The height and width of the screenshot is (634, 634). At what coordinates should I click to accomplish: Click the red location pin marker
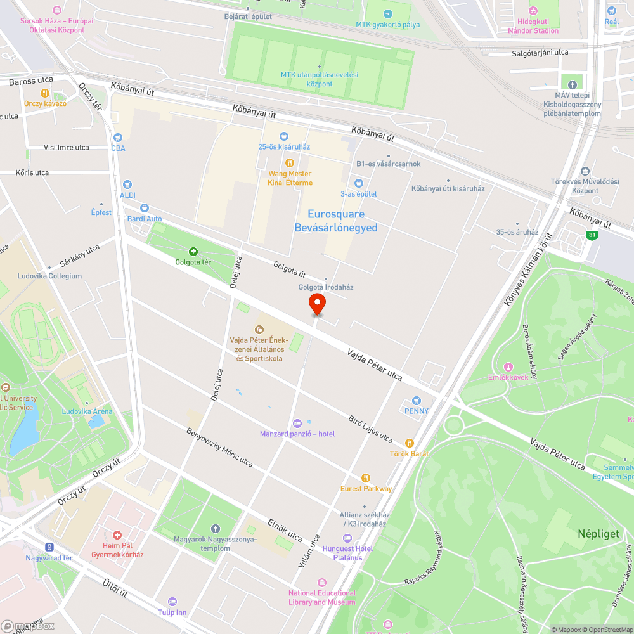tap(317, 304)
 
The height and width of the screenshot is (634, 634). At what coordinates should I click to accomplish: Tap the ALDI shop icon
tap(127, 184)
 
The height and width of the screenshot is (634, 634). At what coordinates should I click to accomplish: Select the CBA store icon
tap(118, 137)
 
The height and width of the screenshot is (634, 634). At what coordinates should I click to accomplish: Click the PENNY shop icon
tap(416, 401)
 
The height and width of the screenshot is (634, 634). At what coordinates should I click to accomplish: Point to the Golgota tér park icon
tap(193, 251)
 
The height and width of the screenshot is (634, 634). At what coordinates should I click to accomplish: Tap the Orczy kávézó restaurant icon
tap(45, 93)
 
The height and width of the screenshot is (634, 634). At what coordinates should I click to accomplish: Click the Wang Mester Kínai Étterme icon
tap(290, 162)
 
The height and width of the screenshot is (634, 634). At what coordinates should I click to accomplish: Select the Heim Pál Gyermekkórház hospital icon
tap(117, 535)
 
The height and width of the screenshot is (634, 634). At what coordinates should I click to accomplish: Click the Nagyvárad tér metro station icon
tap(49, 547)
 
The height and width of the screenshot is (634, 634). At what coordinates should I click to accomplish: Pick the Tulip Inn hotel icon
tap(172, 602)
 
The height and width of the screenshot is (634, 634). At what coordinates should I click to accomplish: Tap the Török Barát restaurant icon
tap(410, 443)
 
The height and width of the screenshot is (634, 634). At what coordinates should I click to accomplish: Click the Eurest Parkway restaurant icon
tap(365, 477)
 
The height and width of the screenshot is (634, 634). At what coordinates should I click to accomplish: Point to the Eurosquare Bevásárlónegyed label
tap(336, 221)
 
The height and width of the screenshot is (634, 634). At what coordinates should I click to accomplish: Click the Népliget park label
tap(598, 534)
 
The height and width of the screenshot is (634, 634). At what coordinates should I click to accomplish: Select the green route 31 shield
tap(592, 235)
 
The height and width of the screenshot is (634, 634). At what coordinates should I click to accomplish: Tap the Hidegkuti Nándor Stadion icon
tap(533, 11)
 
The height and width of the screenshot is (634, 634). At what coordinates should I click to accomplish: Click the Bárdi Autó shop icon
tap(145, 208)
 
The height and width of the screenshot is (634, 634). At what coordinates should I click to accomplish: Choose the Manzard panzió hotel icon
tap(297, 424)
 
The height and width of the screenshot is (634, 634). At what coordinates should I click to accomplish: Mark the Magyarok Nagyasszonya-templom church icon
tap(215, 529)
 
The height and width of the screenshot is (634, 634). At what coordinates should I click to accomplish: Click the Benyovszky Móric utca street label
tap(219, 448)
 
